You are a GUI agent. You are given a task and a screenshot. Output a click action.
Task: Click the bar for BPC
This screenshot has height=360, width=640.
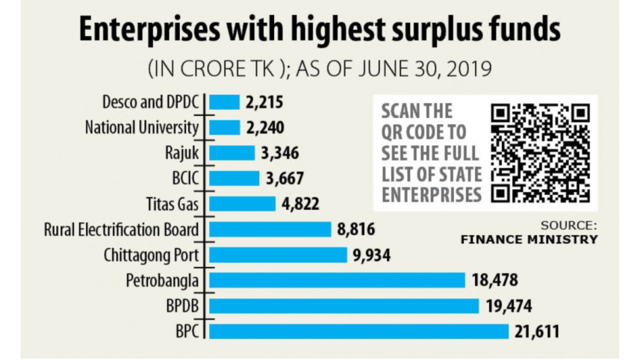click(358, 331)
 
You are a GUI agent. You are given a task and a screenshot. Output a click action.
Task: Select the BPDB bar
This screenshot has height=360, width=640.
click(344, 305)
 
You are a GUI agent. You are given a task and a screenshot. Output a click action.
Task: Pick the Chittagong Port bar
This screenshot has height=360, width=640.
click(279, 255)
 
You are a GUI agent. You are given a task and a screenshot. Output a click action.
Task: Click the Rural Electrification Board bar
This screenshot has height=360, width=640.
click(270, 229)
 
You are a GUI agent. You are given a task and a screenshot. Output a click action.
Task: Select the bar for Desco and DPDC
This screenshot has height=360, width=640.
click(224, 102)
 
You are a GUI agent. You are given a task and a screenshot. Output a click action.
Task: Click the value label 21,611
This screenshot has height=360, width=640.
click(536, 331)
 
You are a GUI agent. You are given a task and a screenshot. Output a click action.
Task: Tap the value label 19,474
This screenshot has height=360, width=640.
click(506, 305)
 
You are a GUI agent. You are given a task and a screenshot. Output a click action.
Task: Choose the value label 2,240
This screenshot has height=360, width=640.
click(264, 128)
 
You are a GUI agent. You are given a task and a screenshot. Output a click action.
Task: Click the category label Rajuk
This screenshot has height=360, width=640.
click(186, 153)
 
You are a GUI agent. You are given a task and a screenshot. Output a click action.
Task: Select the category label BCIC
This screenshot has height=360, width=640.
click(187, 179)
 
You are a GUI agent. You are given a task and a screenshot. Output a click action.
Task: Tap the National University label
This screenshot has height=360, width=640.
click(143, 128)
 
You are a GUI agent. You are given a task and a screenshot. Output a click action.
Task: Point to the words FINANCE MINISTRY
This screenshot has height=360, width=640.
click(529, 240)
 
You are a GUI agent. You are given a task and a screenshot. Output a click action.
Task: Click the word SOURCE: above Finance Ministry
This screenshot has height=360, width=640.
click(570, 225)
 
